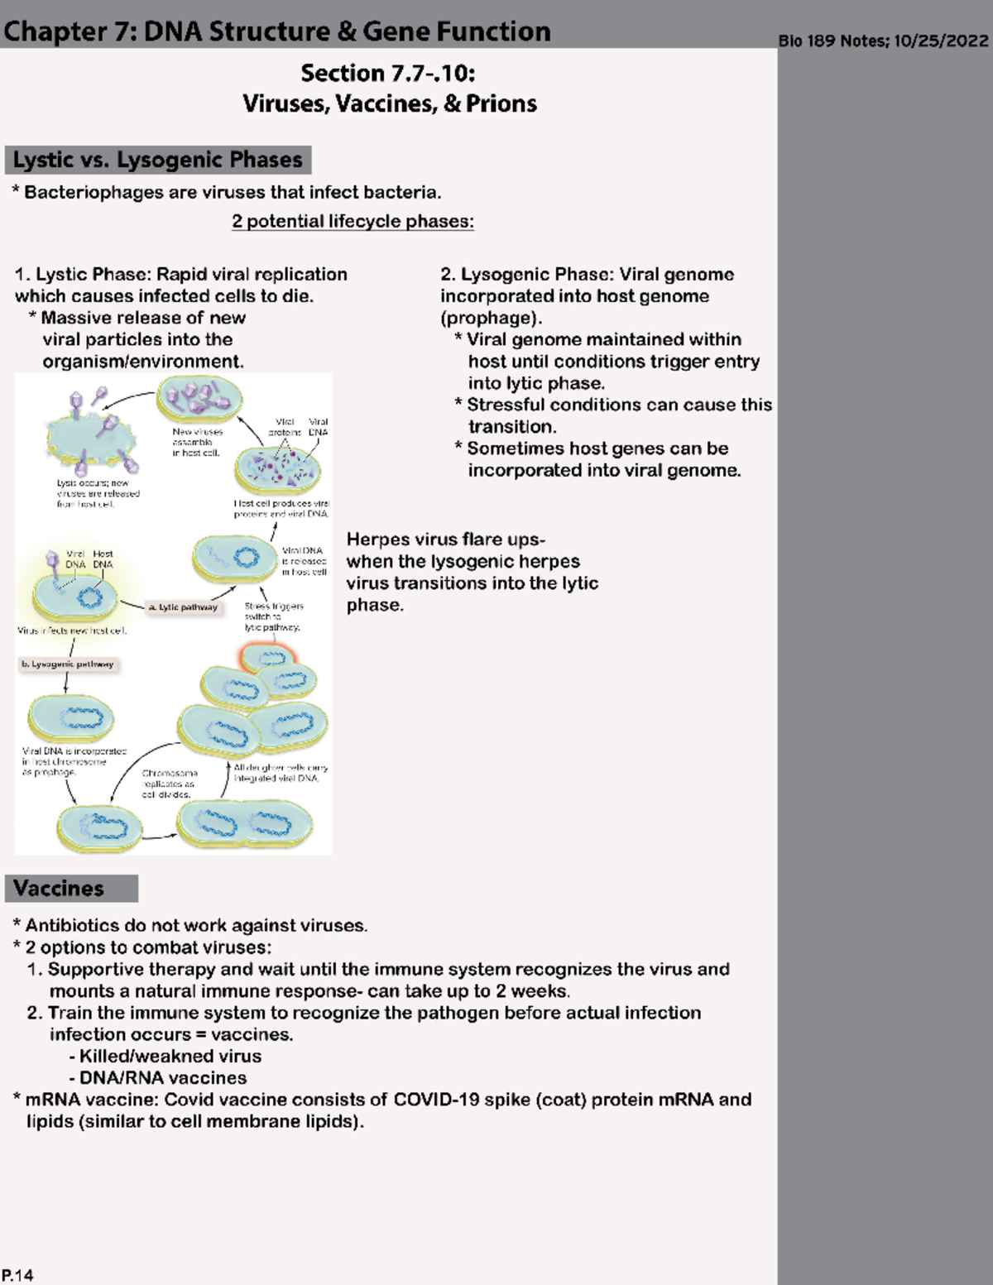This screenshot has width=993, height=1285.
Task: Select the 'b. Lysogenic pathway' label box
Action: coord(67,664)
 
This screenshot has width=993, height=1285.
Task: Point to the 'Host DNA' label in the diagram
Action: coord(103,559)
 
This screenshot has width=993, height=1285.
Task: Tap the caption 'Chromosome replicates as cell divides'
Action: coord(169,783)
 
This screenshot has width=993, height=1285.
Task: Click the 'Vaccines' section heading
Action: coord(59,889)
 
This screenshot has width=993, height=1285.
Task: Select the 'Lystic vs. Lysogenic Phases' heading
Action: coord(157,160)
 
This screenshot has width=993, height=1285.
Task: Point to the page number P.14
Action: coord(17,1275)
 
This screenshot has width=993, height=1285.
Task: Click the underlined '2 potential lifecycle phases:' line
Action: coord(353,222)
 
